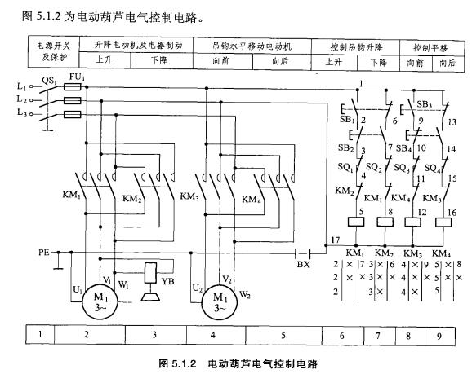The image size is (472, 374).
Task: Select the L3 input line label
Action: pyautogui.click(x=20, y=113)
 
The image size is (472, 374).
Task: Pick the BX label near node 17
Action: pyautogui.click(x=305, y=265)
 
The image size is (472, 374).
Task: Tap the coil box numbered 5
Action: pyautogui.click(x=358, y=221)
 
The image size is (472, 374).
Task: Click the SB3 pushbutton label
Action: pyautogui.click(x=425, y=105)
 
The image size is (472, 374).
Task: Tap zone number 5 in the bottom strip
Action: pyautogui.click(x=283, y=334)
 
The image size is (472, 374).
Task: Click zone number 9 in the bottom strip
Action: pyautogui.click(x=442, y=334)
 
